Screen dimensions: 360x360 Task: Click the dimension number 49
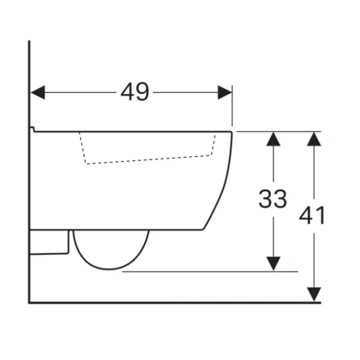pos(135,92)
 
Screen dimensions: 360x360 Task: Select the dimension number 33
pos(273,199)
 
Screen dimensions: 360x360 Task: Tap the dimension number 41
pos(312,215)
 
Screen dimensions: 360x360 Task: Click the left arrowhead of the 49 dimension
pos(38,92)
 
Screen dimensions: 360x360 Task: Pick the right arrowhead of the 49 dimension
pos(225,92)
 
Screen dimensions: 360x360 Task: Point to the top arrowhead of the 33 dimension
pos(273,139)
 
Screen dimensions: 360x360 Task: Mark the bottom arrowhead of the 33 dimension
pos(273,264)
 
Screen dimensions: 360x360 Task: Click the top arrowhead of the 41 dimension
pos(314,139)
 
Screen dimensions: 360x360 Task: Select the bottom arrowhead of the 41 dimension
pos(314,295)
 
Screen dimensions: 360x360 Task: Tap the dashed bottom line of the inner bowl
pos(149,160)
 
